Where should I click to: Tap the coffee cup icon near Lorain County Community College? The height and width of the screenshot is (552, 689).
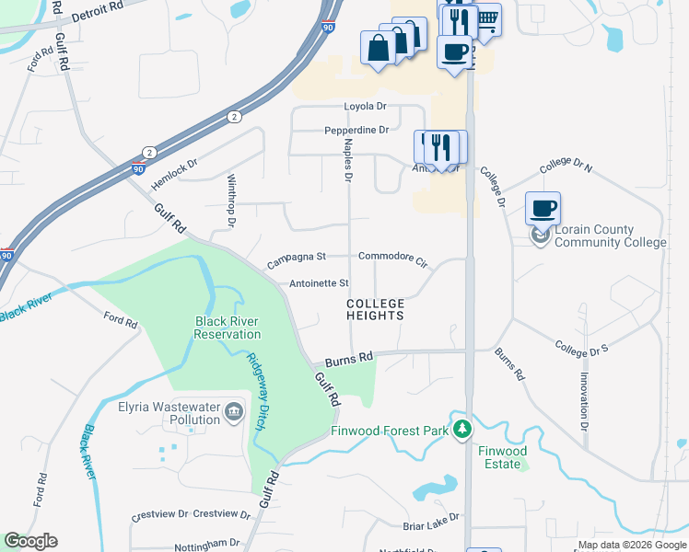coord(543,207)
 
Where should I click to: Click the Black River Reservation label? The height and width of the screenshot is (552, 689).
coord(228,328)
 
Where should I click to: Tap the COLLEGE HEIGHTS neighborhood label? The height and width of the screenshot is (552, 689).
coord(376,309)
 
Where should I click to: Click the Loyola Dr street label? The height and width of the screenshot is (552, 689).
coord(365,107)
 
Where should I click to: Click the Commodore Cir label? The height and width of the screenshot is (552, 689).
coord(393,259)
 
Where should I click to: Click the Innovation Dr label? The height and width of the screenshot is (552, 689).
coord(584,401)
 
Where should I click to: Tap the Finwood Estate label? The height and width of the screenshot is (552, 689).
coord(502,457)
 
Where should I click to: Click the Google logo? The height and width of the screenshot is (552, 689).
coord(30,541)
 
